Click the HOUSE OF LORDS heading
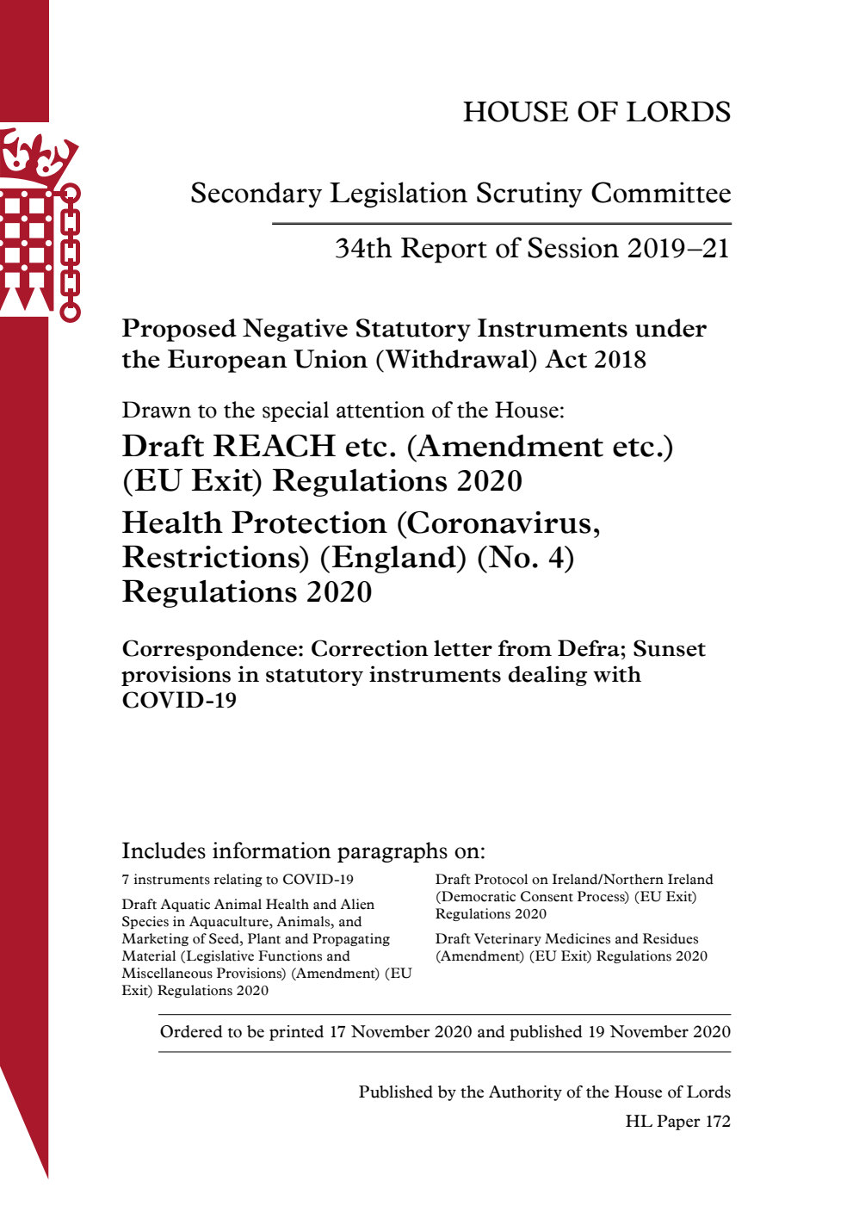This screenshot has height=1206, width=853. (596, 112)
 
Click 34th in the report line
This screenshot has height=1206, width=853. (362, 249)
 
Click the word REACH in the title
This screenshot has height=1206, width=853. (274, 447)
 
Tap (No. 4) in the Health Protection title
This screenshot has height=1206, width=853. (525, 558)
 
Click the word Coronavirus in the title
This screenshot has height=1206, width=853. (498, 523)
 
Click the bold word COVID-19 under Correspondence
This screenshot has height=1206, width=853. (179, 701)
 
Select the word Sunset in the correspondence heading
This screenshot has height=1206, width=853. (669, 649)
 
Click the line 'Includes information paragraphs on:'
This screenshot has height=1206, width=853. (303, 851)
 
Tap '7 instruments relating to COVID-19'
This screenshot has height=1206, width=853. (238, 880)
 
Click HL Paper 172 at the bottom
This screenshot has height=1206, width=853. (677, 1122)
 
